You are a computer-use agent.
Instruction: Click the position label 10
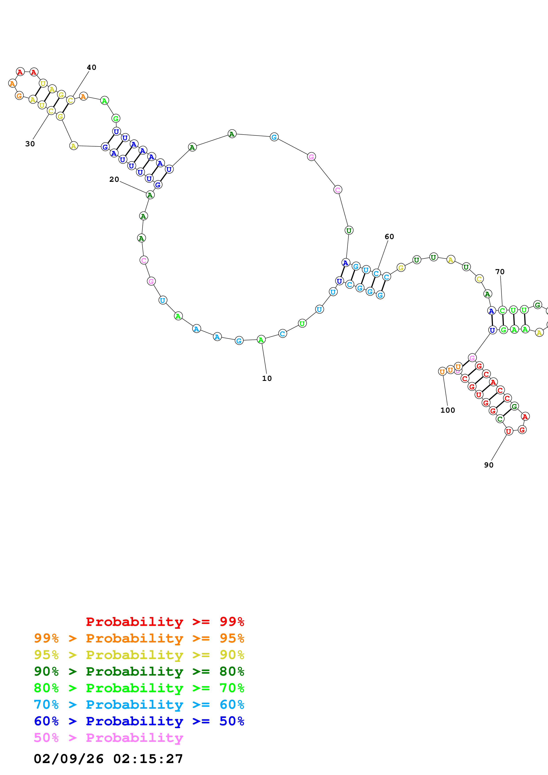pos(267,378)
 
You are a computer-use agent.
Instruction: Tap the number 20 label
pos(114,180)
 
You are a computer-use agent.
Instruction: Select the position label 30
pos(30,144)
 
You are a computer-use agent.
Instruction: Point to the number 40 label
pos(92,68)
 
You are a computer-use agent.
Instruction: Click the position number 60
pos(389,237)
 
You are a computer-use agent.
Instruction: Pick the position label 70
pos(500,272)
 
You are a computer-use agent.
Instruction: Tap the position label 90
pos(489,465)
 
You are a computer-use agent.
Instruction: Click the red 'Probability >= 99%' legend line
pos(165,621)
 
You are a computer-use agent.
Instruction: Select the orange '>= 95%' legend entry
pos(139,638)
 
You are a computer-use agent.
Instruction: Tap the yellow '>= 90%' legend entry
pos(139,655)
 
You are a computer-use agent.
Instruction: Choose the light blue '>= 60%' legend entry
pos(139,705)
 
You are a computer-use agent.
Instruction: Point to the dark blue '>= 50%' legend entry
pos(139,721)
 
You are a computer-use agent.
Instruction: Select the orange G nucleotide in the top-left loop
pos(19,96)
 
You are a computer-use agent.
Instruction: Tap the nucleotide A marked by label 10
pos(261,340)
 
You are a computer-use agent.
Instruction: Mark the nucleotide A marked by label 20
pos(150,195)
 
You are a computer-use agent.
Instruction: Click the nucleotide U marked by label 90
pos(508,431)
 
